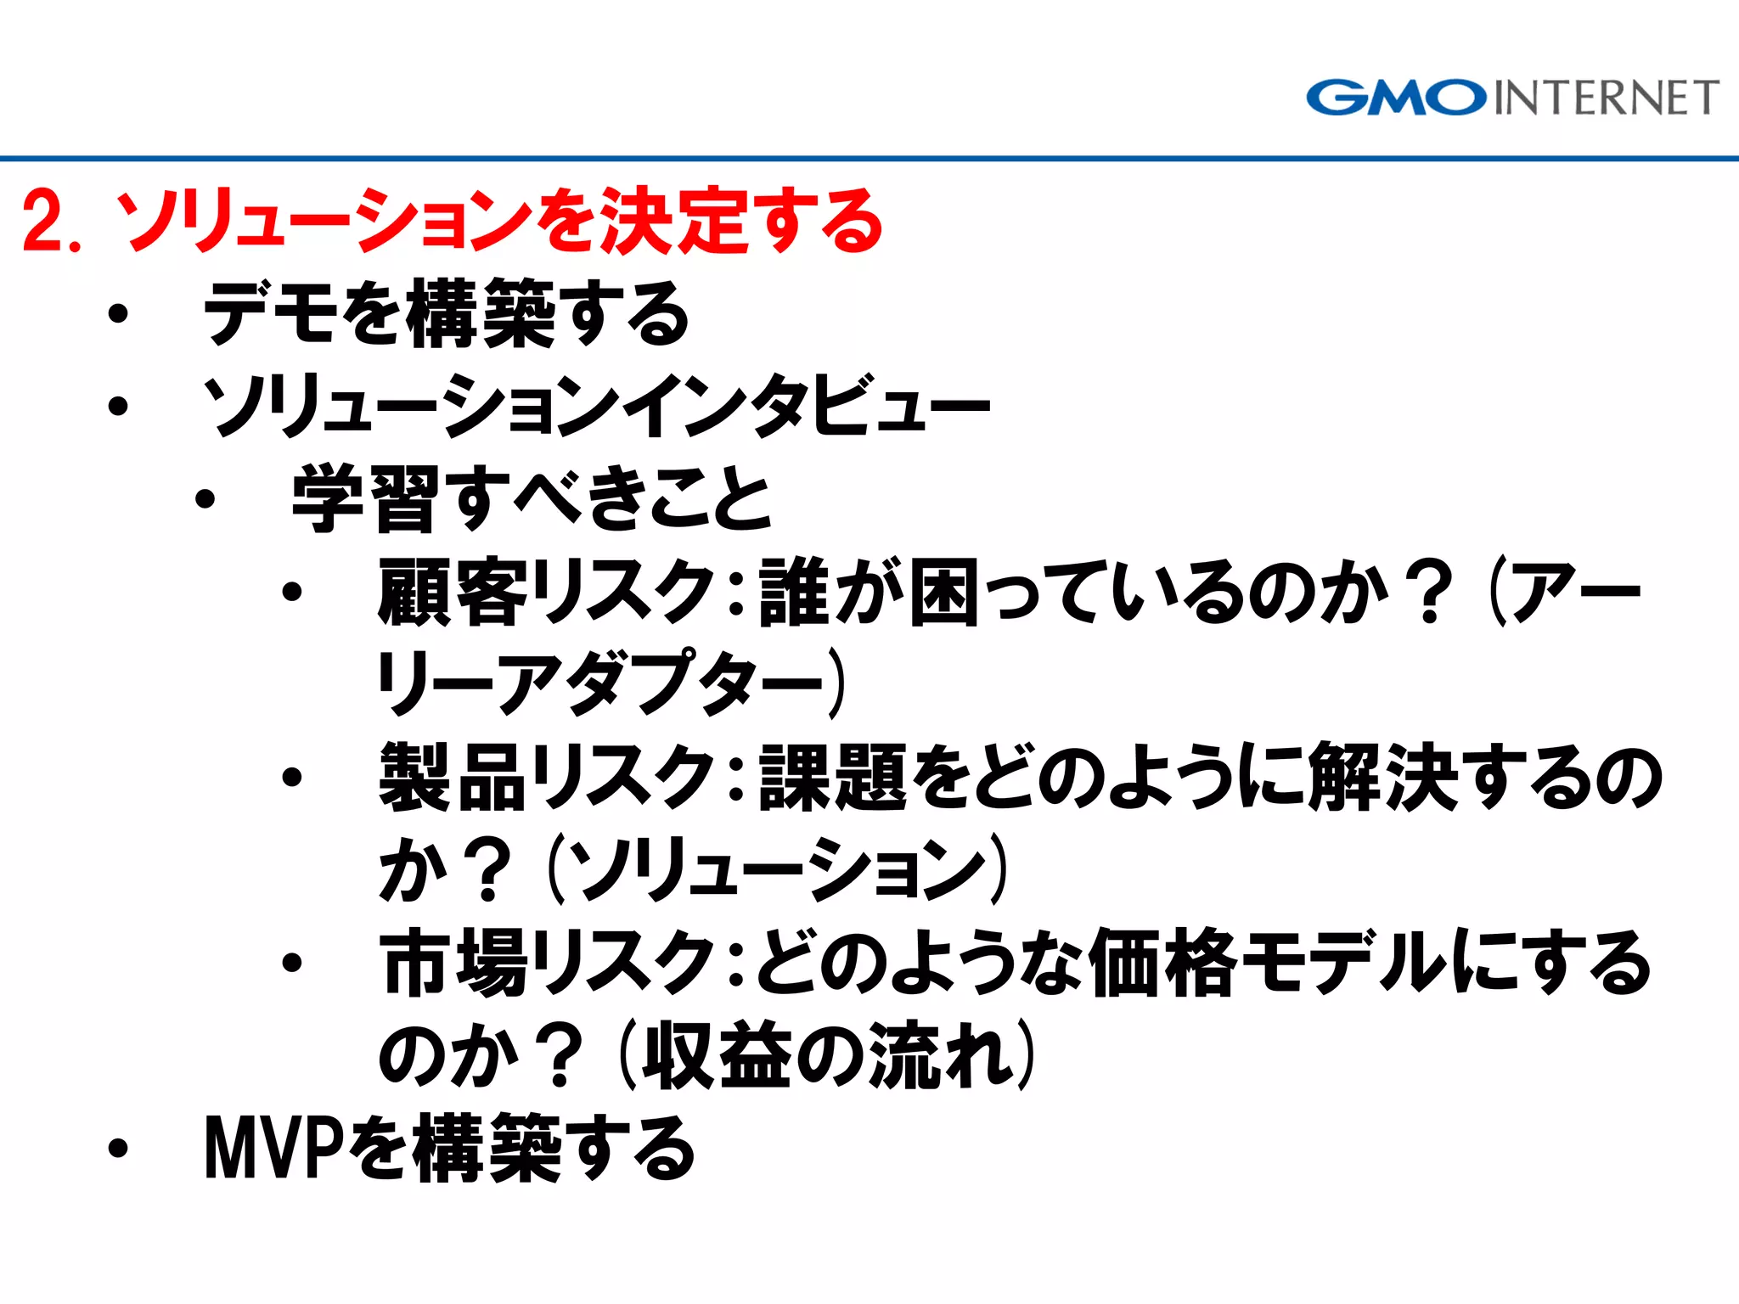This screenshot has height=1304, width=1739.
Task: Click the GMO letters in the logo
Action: pyautogui.click(x=1396, y=98)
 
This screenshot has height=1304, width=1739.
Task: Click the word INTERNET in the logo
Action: pyautogui.click(x=1606, y=98)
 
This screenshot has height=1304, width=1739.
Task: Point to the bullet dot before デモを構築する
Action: pyautogui.click(x=118, y=314)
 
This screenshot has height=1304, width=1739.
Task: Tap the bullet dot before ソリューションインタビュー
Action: pyautogui.click(x=118, y=406)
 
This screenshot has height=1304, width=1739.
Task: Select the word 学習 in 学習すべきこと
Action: pyautogui.click(x=365, y=499)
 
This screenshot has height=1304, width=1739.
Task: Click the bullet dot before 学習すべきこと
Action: pyautogui.click(x=205, y=499)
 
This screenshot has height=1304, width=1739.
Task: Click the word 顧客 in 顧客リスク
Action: pyautogui.click(x=453, y=592)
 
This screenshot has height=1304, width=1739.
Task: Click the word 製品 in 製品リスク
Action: pyautogui.click(x=453, y=777)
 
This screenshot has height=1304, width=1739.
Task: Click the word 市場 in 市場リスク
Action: pyautogui.click(x=453, y=962)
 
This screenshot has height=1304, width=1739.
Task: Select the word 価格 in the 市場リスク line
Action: pyautogui.click(x=1163, y=962)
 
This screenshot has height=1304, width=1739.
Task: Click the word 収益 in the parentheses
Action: pyautogui.click(x=718, y=1055)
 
